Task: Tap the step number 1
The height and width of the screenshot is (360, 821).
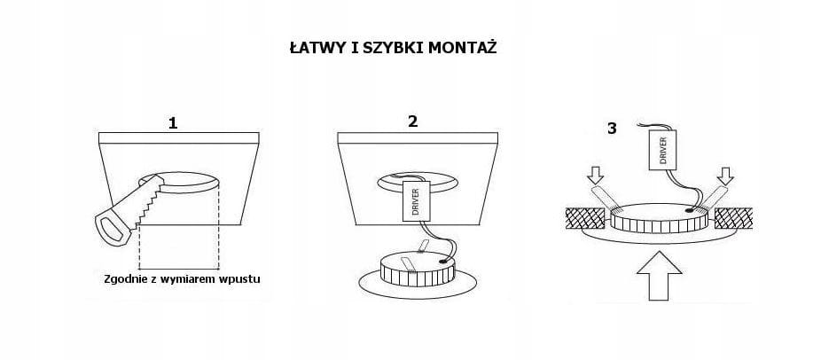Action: click(173, 123)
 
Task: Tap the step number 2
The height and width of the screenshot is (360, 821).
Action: click(413, 121)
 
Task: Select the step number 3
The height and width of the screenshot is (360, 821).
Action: click(612, 129)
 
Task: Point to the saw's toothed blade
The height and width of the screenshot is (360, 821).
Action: click(148, 202)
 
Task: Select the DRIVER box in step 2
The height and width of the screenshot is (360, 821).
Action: click(417, 201)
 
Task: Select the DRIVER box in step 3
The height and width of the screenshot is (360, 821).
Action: click(663, 150)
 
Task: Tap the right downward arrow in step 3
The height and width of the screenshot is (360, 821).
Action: click(725, 176)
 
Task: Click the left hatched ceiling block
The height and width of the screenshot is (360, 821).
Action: click(585, 218)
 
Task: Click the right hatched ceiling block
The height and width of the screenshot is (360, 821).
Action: click(733, 218)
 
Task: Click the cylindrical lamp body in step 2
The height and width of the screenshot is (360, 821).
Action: click(418, 270)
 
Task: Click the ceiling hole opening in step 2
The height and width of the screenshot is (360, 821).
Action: click(418, 182)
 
